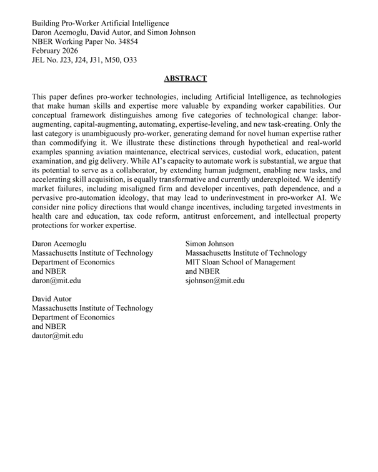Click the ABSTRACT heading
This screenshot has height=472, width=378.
[x=185, y=79]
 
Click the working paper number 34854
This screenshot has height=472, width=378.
[x=126, y=41]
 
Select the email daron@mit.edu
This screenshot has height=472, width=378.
[x=56, y=281]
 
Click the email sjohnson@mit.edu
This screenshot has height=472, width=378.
[x=216, y=281]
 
